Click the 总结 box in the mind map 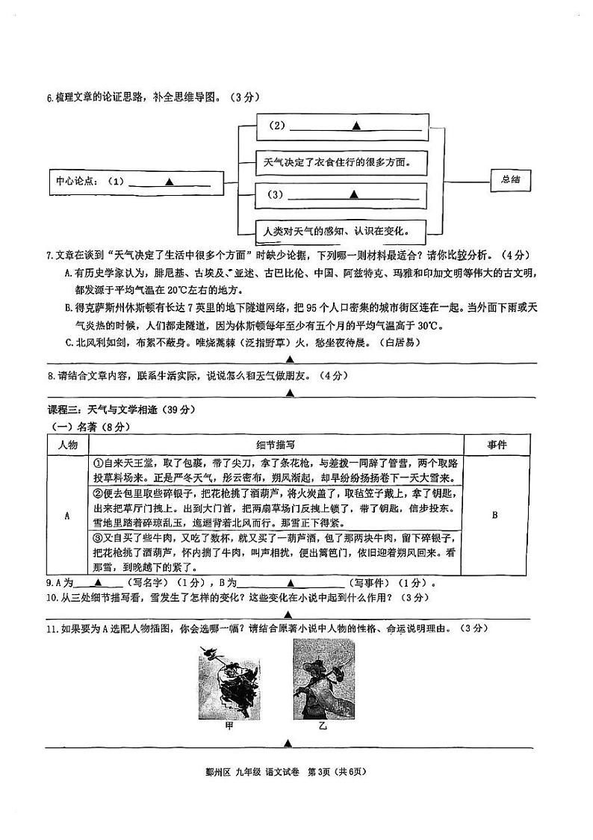[511, 180]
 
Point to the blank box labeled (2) [343, 126]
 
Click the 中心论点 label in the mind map [76, 181]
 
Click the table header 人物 [67, 445]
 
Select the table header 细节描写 [275, 445]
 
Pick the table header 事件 [497, 445]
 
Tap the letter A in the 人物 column [67, 516]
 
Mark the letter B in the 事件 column [496, 516]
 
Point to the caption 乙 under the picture [323, 726]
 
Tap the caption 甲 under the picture [229, 726]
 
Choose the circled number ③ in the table [96, 536]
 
